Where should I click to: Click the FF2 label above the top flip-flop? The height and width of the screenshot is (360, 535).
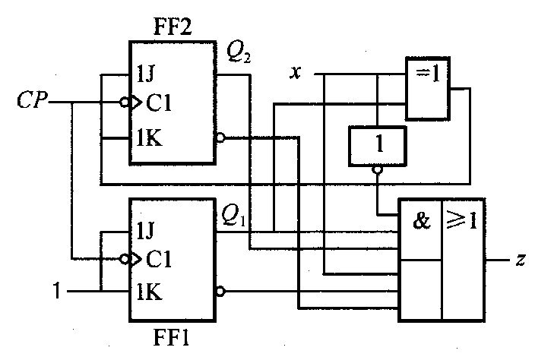coord(173,27)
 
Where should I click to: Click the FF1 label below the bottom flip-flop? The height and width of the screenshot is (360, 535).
coord(171,338)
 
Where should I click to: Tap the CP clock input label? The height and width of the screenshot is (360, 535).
coord(32,100)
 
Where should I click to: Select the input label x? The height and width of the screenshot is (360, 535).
coord(296,73)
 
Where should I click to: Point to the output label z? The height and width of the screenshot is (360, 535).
coord(521,260)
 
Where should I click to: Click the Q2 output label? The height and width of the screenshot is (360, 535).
coord(239,53)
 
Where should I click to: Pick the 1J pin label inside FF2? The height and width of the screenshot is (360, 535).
coord(145,74)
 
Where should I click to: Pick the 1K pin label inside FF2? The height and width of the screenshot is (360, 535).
coord(149,137)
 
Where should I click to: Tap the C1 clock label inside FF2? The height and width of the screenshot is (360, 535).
coord(159,103)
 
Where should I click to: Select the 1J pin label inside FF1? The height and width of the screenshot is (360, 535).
coord(145,230)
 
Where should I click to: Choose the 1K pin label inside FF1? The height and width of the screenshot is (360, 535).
coord(149,292)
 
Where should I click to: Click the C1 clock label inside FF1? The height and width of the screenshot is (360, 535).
coord(159,259)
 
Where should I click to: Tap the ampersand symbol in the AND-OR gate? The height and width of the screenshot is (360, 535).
coord(422,220)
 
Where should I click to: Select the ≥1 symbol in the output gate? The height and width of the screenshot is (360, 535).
coord(461,220)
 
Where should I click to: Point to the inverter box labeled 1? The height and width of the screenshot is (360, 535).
coord(378,147)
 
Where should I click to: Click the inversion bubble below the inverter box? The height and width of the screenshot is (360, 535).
coord(378,170)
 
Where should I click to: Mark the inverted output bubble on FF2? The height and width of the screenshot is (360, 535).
coord(220,137)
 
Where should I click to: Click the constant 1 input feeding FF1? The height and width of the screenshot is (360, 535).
coord(57,291)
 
